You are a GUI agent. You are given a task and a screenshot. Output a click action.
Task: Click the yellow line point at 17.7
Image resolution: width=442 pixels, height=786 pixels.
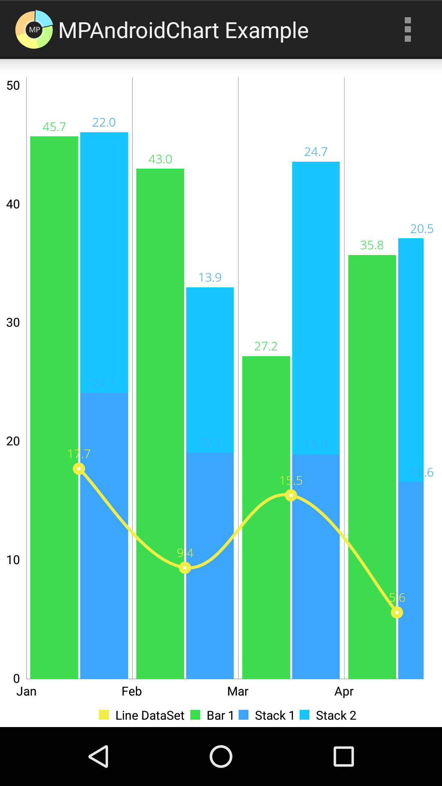[x=79, y=469]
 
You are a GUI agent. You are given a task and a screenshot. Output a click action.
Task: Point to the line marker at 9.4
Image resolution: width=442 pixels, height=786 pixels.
[x=185, y=568]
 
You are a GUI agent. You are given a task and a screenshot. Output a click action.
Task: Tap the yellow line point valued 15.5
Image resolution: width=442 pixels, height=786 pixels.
[x=291, y=495]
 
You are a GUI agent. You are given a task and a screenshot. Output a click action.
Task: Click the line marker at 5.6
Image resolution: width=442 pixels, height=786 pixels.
[x=397, y=612]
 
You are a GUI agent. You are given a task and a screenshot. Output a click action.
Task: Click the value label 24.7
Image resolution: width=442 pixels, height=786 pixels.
[x=316, y=152]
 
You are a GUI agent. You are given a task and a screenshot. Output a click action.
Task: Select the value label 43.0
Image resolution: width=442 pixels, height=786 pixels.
[x=160, y=159]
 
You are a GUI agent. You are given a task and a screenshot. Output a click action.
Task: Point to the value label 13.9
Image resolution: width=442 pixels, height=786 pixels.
[x=210, y=278]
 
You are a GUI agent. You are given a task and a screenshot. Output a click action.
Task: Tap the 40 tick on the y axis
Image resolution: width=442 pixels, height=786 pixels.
[x=13, y=204]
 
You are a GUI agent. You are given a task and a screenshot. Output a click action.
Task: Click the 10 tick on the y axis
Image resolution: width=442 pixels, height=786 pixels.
[x=13, y=560]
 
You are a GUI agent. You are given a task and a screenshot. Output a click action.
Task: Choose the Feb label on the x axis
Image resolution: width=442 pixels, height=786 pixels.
[x=132, y=691]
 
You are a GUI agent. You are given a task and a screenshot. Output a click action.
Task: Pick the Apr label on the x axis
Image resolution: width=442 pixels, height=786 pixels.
[x=344, y=691]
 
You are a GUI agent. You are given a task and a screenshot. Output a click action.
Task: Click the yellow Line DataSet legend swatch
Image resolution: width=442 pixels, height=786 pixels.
[x=104, y=715]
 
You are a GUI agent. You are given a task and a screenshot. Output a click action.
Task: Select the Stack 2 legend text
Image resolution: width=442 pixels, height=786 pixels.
[x=336, y=715]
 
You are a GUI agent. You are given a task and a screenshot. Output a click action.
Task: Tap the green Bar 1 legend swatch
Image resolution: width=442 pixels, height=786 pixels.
[x=195, y=715]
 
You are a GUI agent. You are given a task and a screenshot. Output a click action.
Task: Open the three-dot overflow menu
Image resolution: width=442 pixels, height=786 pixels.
[x=408, y=29]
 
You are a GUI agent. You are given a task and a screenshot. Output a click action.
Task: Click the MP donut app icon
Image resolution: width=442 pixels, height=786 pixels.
[x=34, y=29]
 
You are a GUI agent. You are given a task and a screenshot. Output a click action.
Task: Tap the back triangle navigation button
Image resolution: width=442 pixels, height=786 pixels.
[x=99, y=756]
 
